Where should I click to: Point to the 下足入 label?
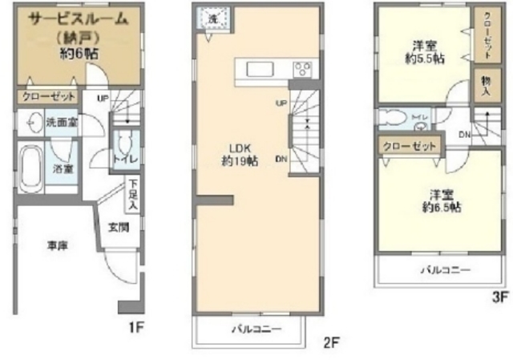coord(131,195)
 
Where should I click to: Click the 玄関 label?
coord(118,227)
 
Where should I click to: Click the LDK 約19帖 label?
coord(241,155)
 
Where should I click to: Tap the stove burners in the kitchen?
coord(302,68)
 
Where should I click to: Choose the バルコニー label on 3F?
coord(445,270)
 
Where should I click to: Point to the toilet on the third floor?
coord(394,117)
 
